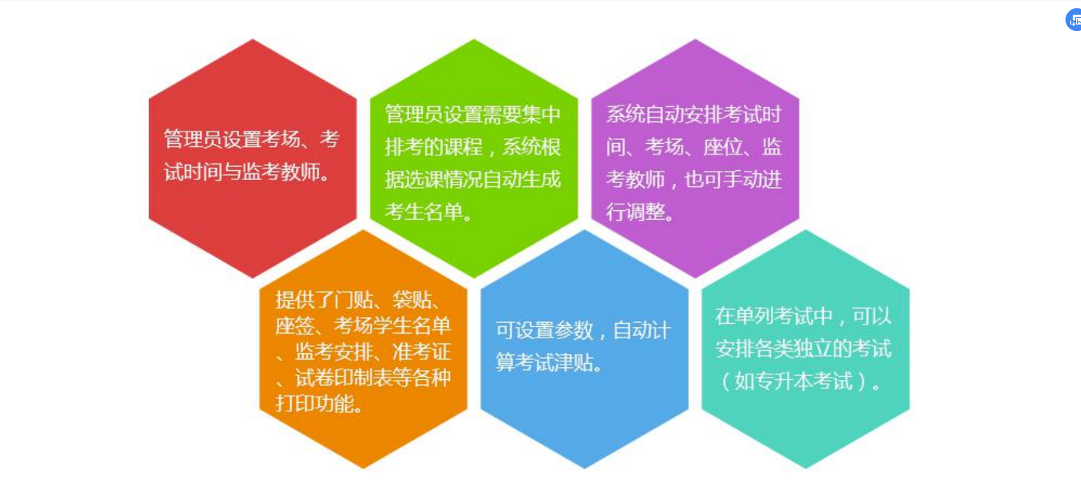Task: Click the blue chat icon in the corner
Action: [1074, 20]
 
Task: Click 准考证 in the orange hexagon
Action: [421, 351]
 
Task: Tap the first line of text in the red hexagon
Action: [252, 139]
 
